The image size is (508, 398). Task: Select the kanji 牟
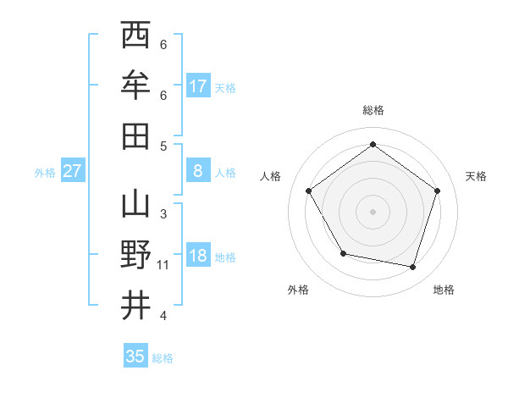point(135,85)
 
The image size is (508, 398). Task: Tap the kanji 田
point(135,135)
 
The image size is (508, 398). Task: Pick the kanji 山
point(135,206)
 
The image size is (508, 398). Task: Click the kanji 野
point(135,255)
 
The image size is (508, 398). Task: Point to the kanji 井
point(135,306)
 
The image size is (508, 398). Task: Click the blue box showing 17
point(198,86)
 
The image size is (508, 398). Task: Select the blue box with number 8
point(198,171)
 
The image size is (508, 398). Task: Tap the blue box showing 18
point(198,257)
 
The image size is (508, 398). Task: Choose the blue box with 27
point(72,171)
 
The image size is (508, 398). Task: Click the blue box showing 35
point(135,357)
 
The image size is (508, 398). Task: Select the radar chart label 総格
point(373,110)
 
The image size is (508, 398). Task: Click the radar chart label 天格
point(477,176)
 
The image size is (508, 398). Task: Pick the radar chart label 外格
point(298,290)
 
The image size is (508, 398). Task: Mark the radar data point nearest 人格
point(309,191)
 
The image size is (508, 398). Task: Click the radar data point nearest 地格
point(412,267)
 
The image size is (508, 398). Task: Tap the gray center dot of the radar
point(373,211)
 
